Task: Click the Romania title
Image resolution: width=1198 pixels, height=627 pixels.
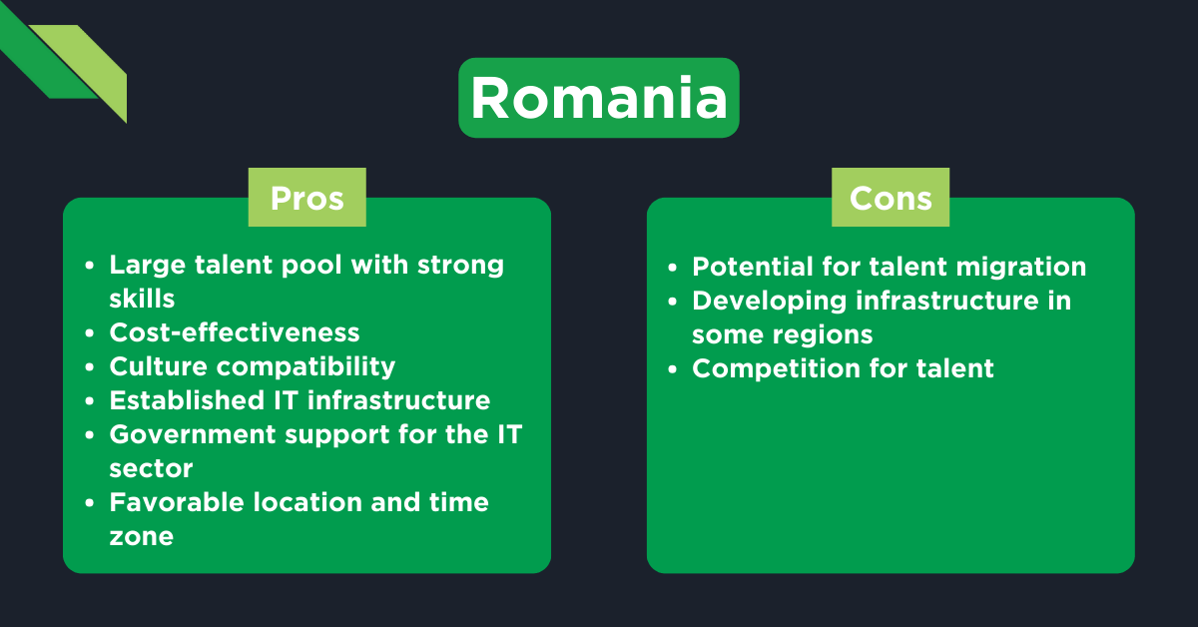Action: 598,98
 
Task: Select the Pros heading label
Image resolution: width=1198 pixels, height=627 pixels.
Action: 306,198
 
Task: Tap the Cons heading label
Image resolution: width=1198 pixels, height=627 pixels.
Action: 891,198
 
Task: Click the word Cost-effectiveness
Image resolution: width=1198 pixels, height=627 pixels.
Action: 235,331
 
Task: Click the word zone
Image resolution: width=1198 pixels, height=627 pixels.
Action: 141,536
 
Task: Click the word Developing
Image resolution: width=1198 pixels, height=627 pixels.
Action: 769,301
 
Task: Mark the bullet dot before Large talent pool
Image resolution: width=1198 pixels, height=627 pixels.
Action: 91,266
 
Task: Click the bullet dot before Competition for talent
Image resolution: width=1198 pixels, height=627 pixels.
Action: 674,369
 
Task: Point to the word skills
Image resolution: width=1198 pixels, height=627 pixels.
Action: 142,299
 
